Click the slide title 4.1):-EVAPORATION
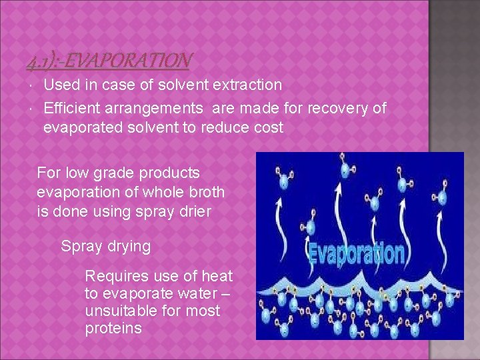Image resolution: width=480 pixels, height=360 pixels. (x=109, y=62)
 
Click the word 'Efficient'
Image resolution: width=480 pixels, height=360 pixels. (x=73, y=109)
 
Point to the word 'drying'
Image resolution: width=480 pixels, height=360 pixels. (x=127, y=246)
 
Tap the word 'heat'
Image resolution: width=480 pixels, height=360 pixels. (x=218, y=276)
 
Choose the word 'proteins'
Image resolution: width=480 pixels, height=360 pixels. (x=113, y=328)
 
